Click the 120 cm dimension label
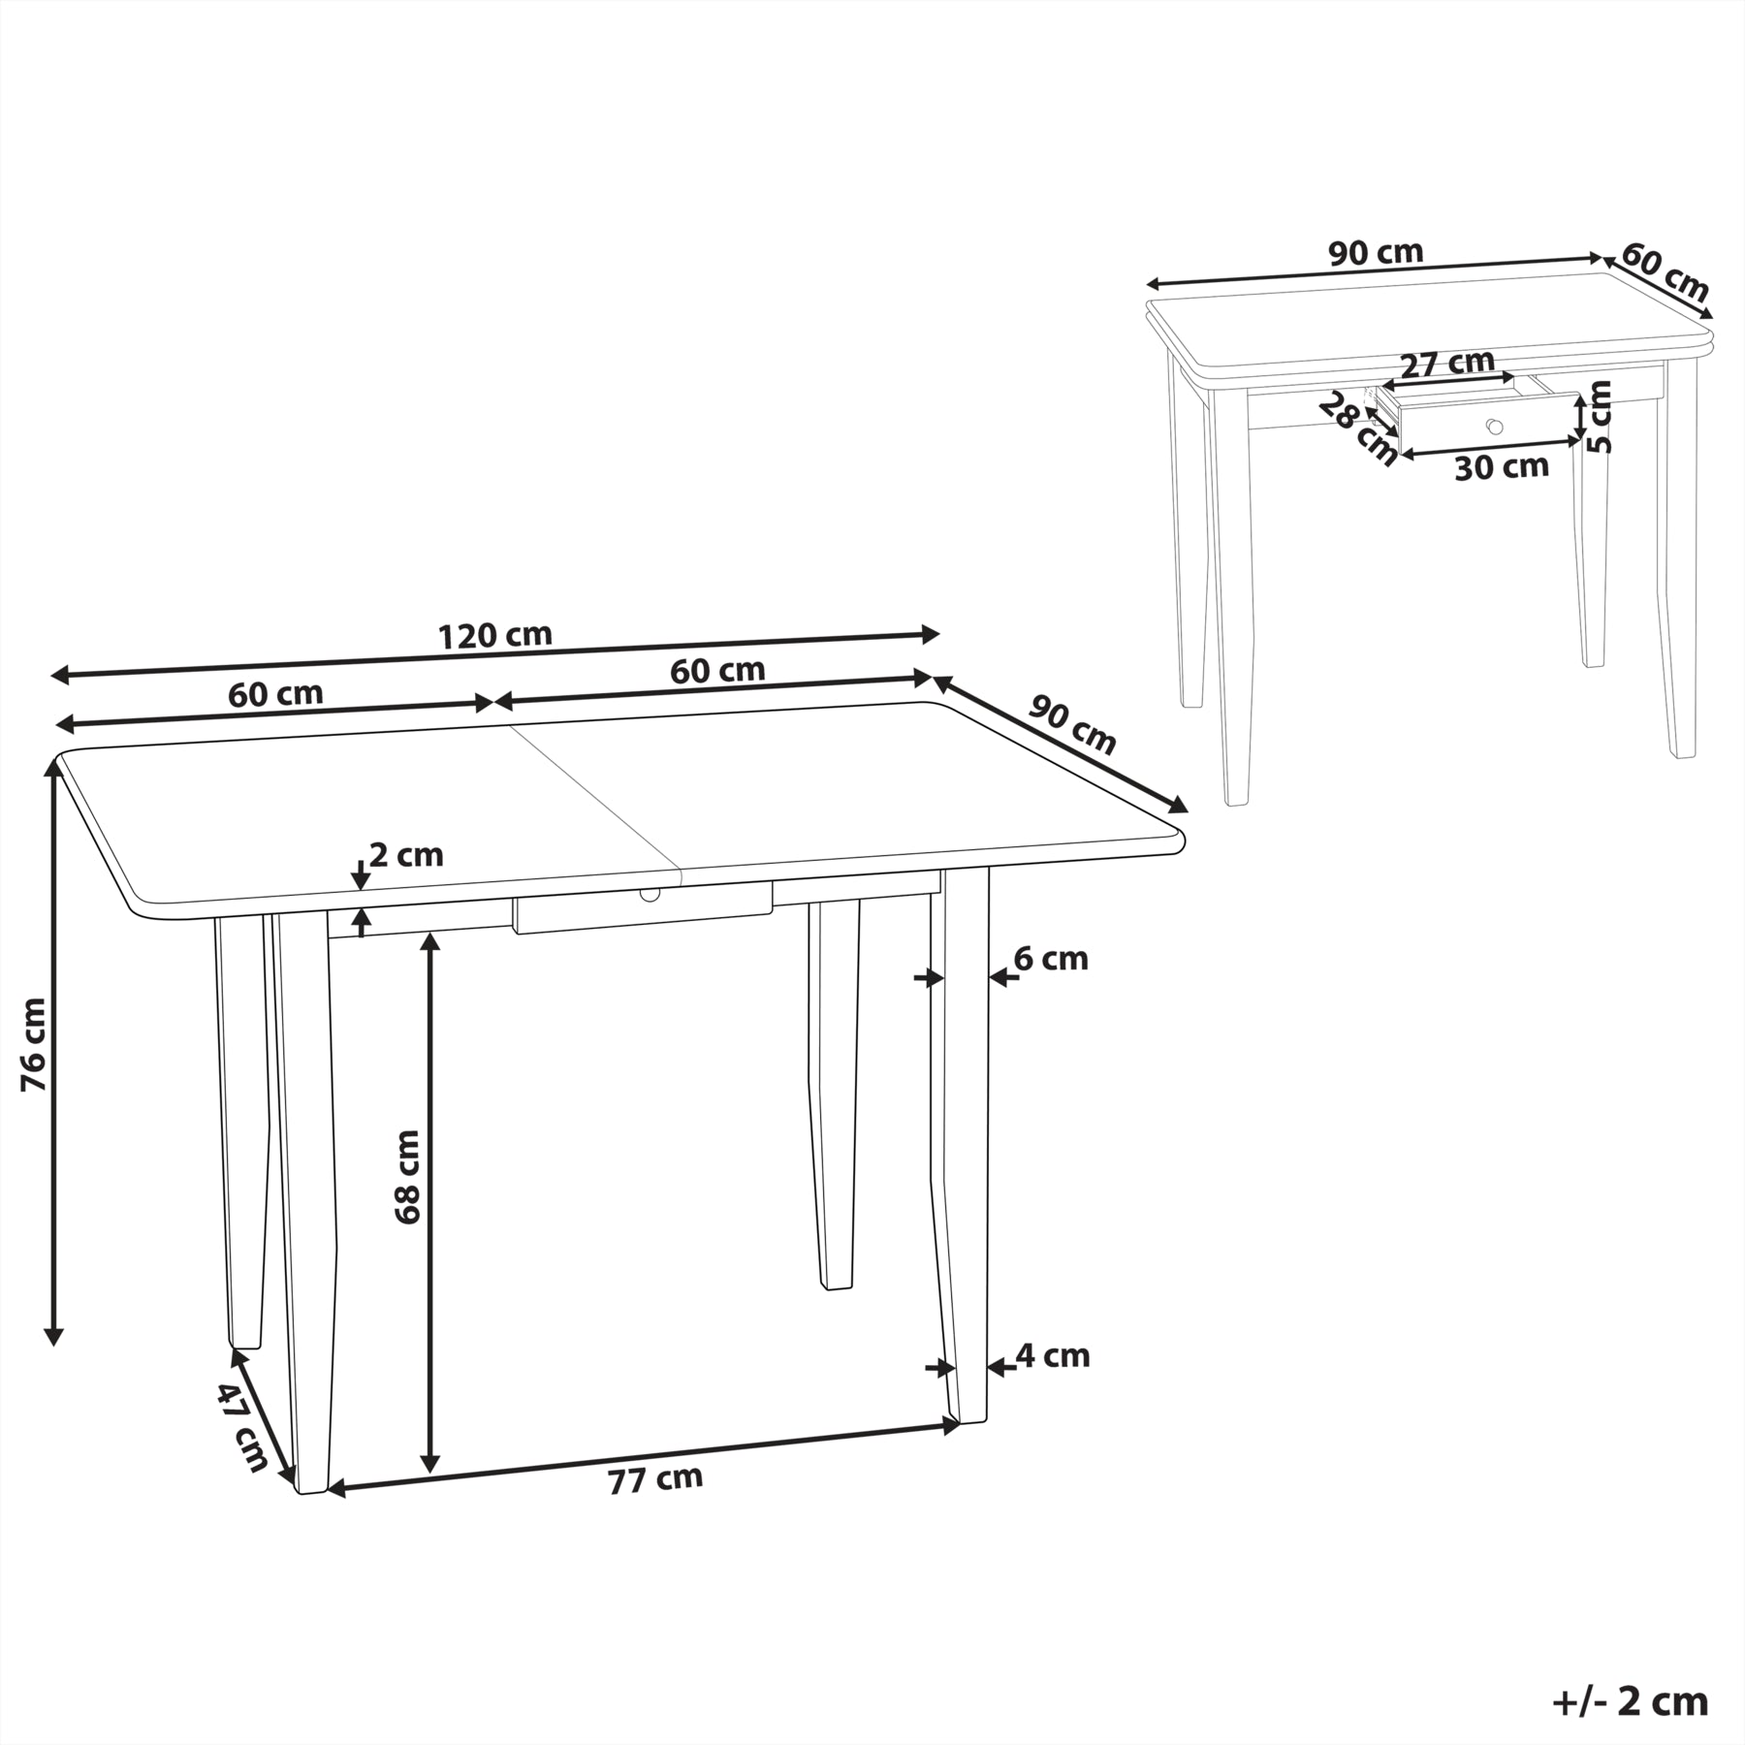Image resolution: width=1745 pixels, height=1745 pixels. [495, 636]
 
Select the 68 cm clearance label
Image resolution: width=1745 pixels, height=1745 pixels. [408, 1177]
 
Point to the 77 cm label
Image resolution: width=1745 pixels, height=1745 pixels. [655, 1477]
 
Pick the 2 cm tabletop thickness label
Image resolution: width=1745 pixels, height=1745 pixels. [406, 855]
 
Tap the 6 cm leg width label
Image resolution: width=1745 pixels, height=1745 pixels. [1051, 959]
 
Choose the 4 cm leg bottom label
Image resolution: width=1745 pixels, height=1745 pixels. [1053, 1355]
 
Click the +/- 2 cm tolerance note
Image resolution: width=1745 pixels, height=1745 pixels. [1631, 1702]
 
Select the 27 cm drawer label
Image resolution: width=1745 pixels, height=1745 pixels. [1448, 363]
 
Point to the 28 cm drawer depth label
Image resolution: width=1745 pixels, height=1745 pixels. [1358, 428]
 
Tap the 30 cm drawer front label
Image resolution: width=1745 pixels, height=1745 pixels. [1502, 467]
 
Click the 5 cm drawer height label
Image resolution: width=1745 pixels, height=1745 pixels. [1601, 417]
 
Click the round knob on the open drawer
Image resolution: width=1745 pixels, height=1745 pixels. [1494, 427]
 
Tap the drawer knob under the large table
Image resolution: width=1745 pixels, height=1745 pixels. [649, 893]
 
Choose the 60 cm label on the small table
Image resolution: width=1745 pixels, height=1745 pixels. [1665, 272]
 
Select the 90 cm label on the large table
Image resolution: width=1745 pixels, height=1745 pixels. [1072, 724]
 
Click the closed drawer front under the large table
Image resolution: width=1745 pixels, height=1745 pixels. [643, 907]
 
